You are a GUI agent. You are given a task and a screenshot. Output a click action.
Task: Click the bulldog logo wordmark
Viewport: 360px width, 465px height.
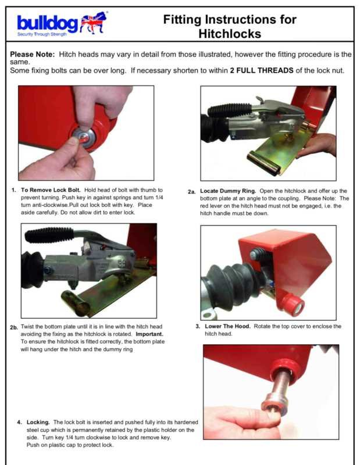click(x=48, y=23)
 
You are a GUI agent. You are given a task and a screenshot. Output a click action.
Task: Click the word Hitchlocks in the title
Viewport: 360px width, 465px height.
click(x=230, y=34)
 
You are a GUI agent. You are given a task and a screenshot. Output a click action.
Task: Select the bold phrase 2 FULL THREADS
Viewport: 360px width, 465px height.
click(x=262, y=70)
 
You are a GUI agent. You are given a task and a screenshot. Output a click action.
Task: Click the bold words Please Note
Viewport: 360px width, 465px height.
click(x=33, y=54)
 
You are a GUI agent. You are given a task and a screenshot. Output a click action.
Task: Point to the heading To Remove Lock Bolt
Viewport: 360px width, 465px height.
click(x=51, y=190)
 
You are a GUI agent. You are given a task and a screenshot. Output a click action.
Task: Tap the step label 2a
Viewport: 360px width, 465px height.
click(x=191, y=192)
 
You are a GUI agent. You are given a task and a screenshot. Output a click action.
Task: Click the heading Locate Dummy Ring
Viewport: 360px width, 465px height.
click(x=228, y=191)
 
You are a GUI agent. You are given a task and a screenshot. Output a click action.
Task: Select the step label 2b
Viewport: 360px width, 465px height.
click(x=14, y=328)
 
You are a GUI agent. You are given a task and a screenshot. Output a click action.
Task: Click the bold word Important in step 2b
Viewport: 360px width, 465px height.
click(x=149, y=334)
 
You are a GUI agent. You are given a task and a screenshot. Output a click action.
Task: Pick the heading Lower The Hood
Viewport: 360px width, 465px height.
click(x=227, y=326)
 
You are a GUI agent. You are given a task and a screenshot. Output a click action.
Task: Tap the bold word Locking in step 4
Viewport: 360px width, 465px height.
click(x=38, y=422)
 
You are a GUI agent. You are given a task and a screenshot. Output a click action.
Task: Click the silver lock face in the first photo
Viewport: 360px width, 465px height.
click(x=84, y=137)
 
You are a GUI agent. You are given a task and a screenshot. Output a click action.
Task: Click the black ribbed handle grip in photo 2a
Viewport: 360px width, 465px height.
click(x=229, y=110)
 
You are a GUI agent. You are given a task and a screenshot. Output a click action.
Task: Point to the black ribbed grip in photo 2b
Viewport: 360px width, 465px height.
click(x=49, y=235)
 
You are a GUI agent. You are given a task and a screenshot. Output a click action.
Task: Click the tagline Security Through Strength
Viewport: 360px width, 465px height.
click(x=42, y=34)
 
